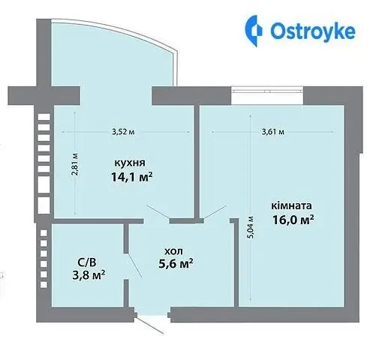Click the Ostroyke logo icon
pos(253,31)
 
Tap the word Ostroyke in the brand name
pos(313,31)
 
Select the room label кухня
pos(130,163)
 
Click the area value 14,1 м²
pos(131,177)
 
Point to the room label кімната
pos(291,205)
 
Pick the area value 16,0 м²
pos(293,220)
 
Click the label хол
pos(173,251)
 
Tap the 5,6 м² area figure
pos(176,264)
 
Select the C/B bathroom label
pos(87,262)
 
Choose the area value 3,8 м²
pos(89,275)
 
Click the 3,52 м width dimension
pos(123,132)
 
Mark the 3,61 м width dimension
pos(273,132)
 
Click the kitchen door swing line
pos(158,213)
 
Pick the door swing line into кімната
pos(215,212)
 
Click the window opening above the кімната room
pos(267,95)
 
